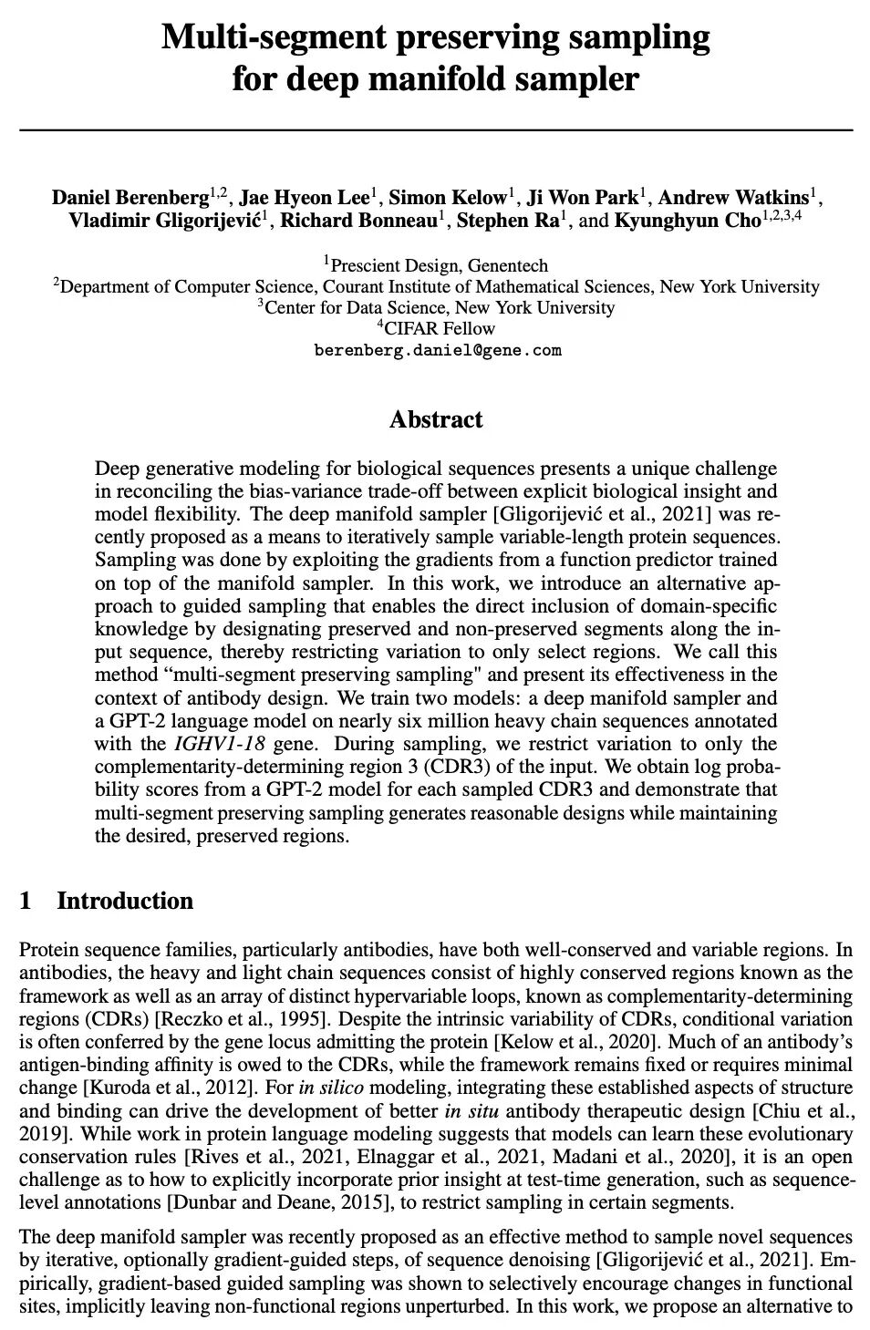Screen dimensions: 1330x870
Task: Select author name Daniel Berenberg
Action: point(130,198)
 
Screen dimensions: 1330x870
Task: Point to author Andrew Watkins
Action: point(733,198)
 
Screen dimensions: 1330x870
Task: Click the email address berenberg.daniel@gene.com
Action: point(437,350)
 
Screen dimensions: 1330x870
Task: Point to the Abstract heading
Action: point(436,420)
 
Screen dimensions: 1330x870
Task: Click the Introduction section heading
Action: point(125,902)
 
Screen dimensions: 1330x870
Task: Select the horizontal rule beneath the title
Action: point(435,131)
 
